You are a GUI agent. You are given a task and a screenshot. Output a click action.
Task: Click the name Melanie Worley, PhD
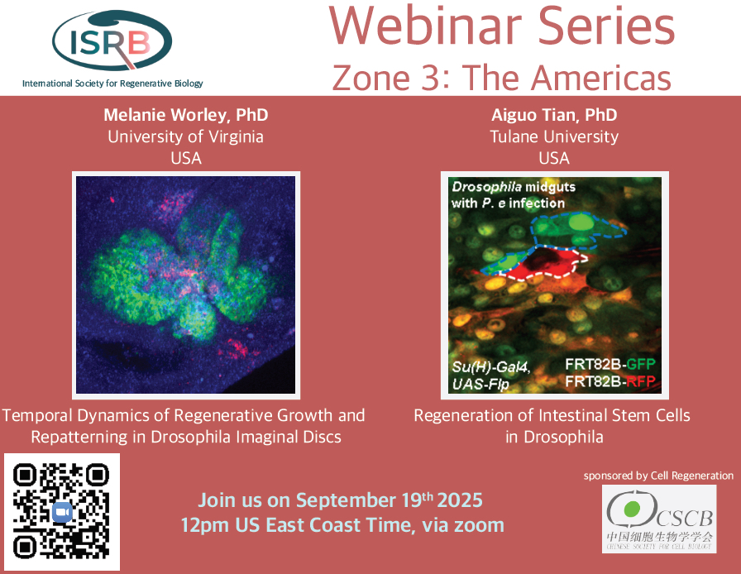186,115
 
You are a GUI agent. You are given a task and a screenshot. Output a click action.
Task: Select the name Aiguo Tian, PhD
554,115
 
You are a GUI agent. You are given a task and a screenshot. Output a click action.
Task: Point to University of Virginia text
186,136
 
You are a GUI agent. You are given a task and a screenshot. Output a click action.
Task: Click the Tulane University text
554,136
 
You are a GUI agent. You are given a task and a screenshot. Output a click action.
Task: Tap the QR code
61,512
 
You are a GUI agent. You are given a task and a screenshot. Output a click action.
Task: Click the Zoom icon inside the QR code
62,512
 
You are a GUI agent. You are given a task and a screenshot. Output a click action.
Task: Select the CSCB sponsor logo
659,519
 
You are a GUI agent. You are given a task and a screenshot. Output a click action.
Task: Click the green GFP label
641,364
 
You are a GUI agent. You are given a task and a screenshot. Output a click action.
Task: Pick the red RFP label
641,381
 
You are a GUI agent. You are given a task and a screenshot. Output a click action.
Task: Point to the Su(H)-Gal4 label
490,367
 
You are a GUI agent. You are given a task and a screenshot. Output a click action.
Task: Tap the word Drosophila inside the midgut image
487,187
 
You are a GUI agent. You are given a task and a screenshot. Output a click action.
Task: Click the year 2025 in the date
460,500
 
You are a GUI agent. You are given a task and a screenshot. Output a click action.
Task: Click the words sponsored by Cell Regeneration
658,476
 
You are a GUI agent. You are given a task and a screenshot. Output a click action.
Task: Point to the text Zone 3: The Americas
501,78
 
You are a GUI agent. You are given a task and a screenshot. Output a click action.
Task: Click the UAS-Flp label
480,384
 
